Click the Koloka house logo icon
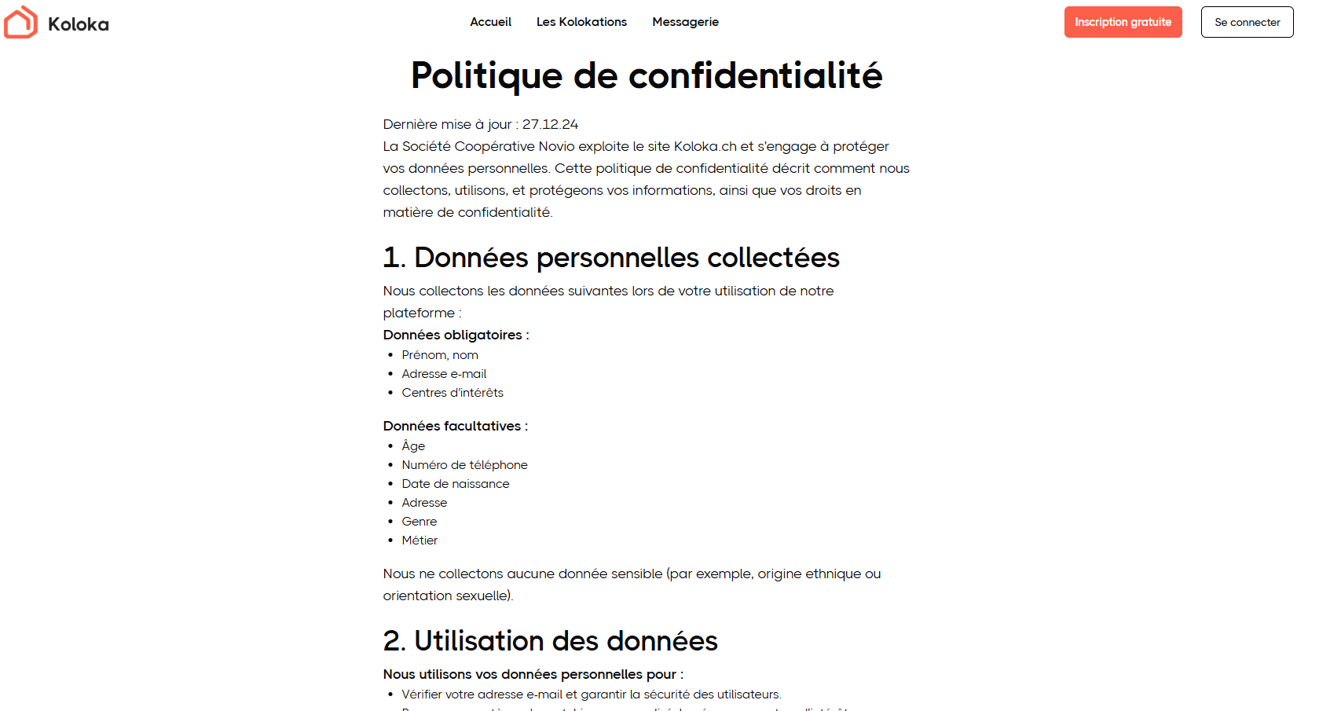point(20,23)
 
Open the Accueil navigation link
point(490,22)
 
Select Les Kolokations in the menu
point(581,22)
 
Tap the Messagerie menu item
point(685,22)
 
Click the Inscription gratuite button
point(1123,22)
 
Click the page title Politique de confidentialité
point(647,76)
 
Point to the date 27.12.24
point(550,124)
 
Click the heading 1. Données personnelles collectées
point(611,258)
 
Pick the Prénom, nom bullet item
point(439,355)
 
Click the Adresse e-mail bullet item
point(444,374)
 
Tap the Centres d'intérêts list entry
point(452,393)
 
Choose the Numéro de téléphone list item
point(464,465)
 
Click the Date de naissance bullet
point(455,484)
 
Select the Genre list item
point(419,522)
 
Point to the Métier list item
point(420,541)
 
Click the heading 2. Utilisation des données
point(550,641)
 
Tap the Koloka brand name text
point(79,24)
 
